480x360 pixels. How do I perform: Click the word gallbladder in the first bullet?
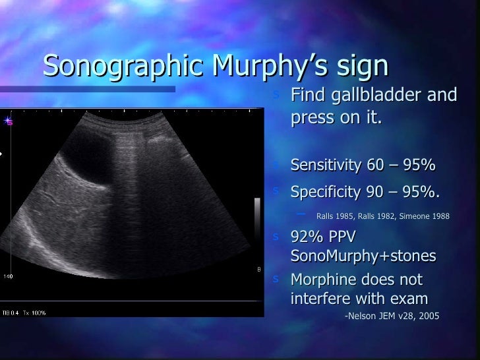tap(374, 96)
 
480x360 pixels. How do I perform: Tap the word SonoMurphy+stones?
tap(363, 255)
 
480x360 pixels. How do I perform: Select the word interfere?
tap(320, 299)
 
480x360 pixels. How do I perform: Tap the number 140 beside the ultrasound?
tap(9, 275)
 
